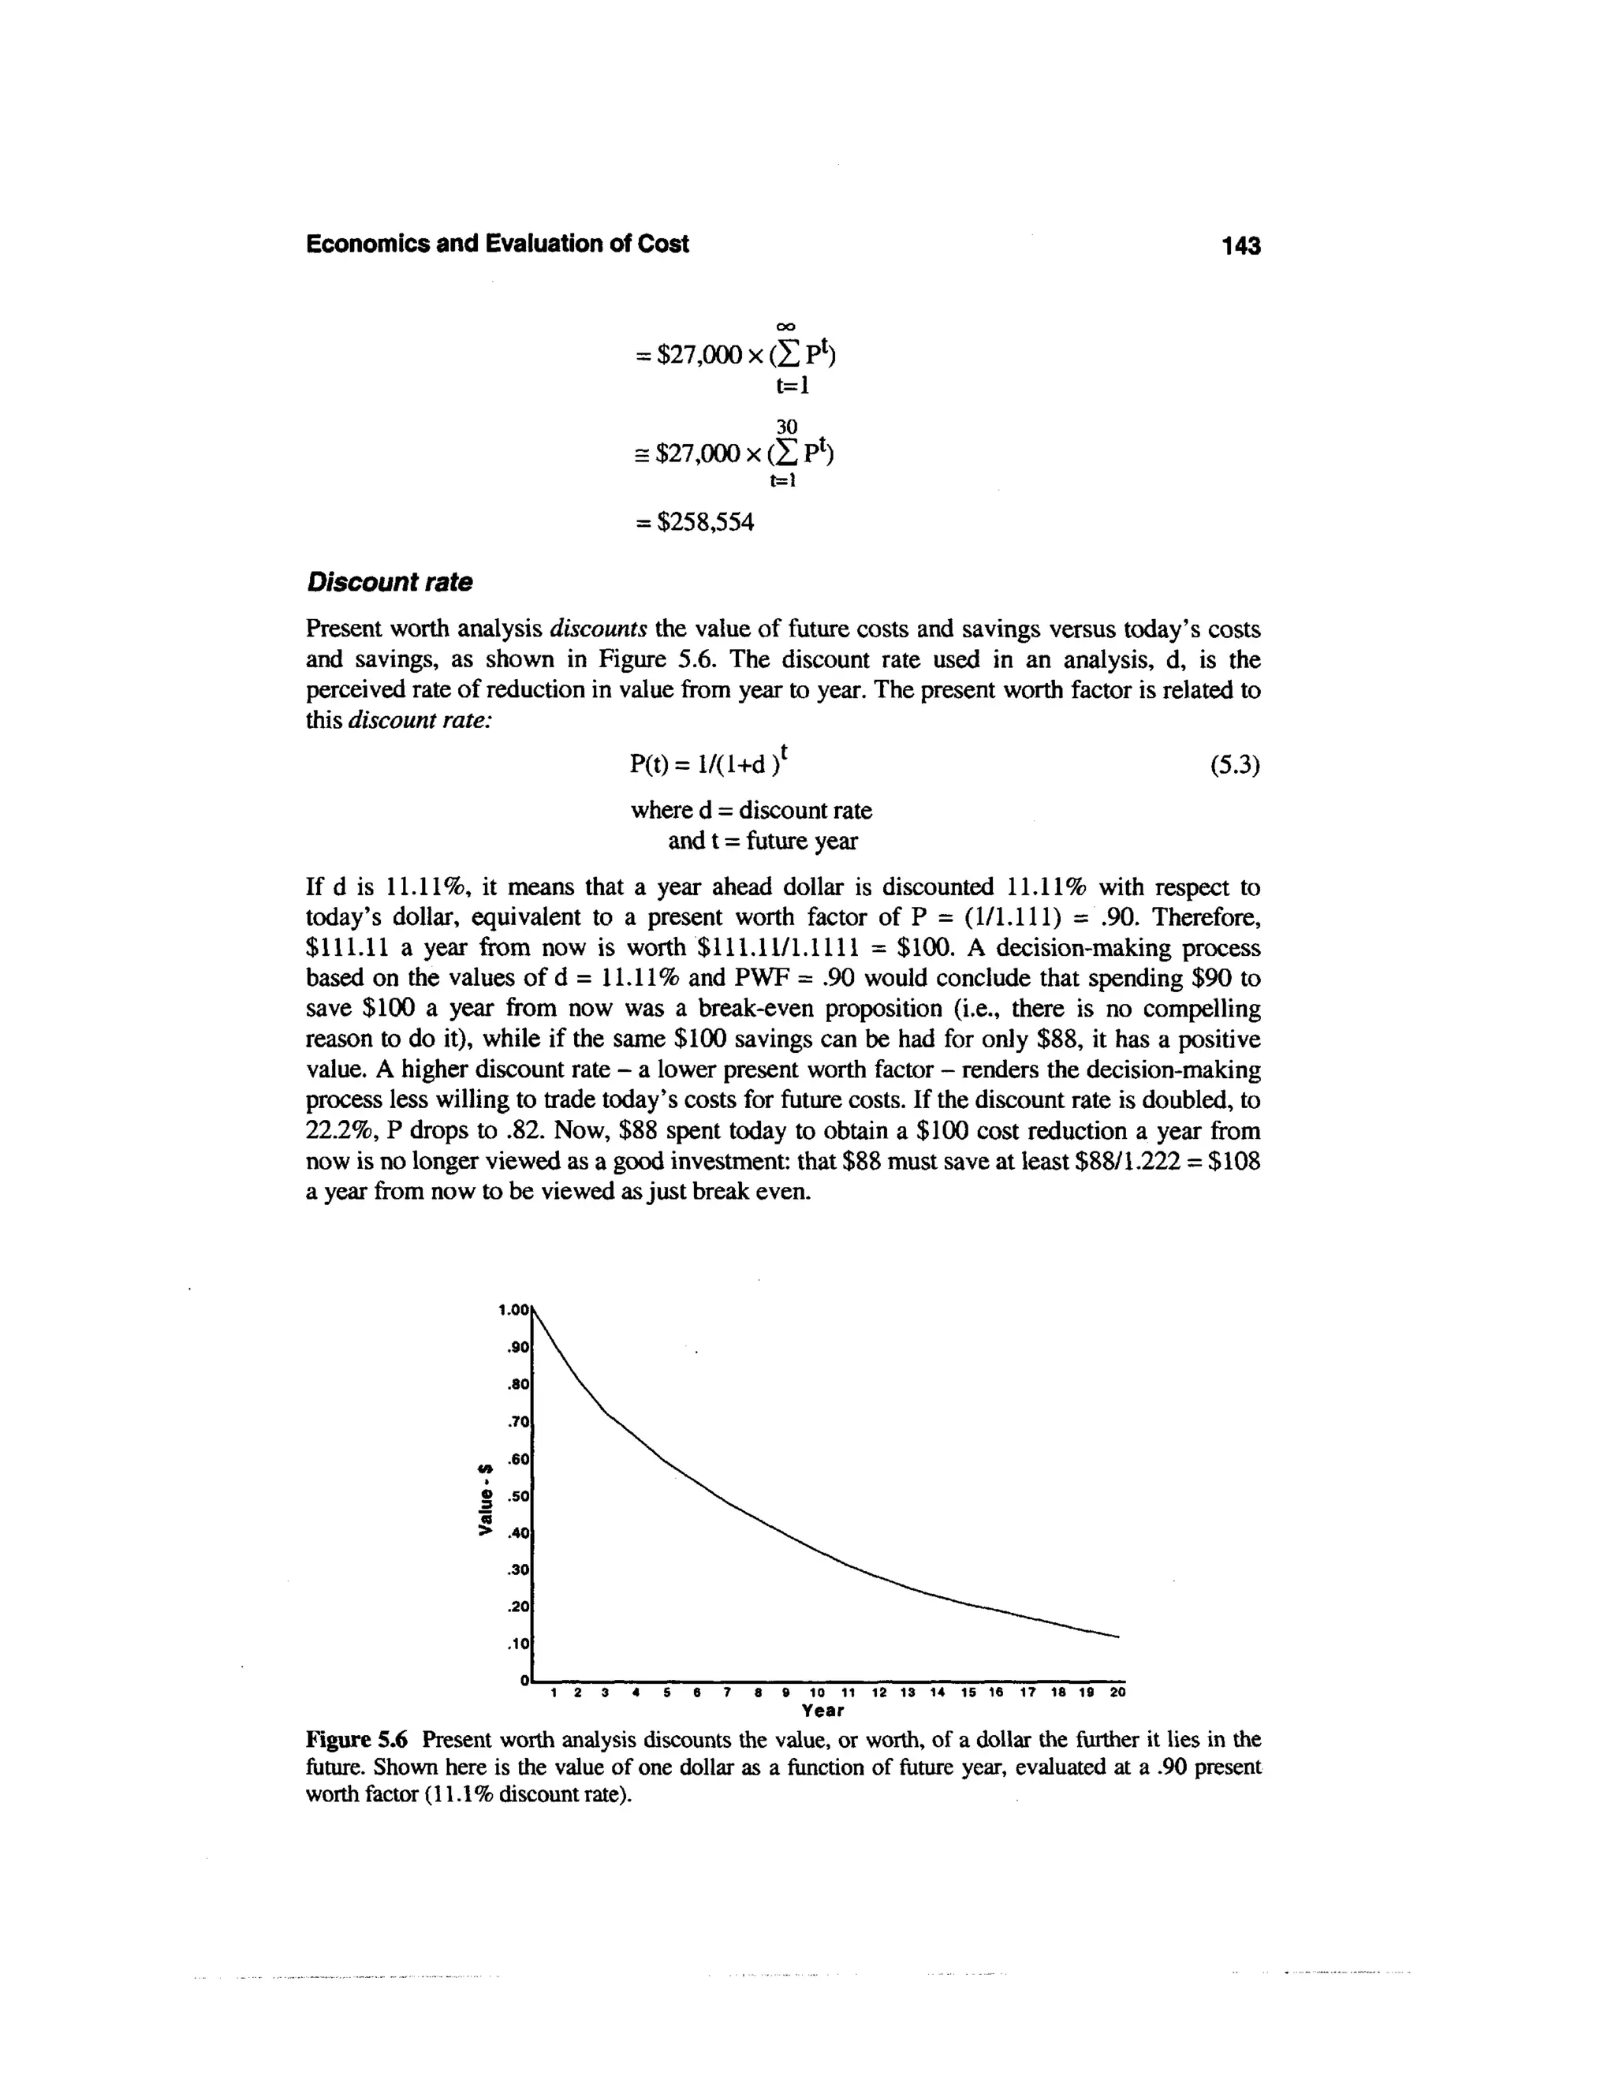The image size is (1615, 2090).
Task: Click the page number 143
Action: point(1242,246)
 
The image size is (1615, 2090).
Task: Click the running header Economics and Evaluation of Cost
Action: point(497,244)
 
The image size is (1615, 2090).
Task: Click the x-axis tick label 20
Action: point(1117,1692)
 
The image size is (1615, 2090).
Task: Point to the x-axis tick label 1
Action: point(555,1692)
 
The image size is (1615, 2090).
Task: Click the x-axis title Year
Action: point(822,1710)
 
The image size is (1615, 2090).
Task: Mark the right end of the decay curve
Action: point(1117,1637)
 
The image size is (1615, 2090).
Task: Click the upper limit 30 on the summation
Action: point(786,425)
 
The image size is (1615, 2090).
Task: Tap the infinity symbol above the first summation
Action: point(786,327)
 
